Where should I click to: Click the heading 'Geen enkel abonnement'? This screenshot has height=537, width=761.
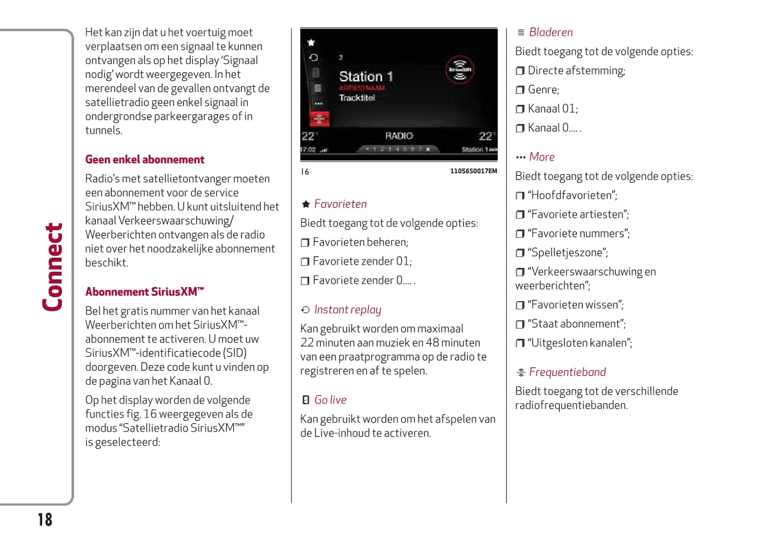tap(145, 160)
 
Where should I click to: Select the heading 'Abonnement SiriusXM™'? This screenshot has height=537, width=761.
tap(145, 292)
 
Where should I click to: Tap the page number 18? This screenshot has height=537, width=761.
tap(44, 519)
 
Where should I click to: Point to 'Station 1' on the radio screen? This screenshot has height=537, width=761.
tap(365, 77)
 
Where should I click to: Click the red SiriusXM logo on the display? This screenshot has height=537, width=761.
tap(459, 70)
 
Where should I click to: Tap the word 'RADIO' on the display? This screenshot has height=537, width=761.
tap(399, 136)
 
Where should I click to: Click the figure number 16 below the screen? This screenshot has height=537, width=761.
tap(305, 171)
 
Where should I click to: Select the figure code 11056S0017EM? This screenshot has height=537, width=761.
tap(473, 171)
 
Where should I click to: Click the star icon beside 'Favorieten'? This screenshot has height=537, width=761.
tap(305, 205)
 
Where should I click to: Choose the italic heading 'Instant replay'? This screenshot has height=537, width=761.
tap(348, 310)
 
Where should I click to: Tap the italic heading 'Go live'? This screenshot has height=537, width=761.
tap(330, 400)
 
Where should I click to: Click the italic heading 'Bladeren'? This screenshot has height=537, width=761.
tap(551, 33)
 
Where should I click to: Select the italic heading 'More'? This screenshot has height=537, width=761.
tap(542, 157)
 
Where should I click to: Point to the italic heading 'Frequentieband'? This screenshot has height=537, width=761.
tap(567, 372)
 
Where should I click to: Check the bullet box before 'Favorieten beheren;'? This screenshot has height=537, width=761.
tap(305, 243)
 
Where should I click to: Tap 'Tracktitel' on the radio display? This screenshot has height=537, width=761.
tap(357, 98)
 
